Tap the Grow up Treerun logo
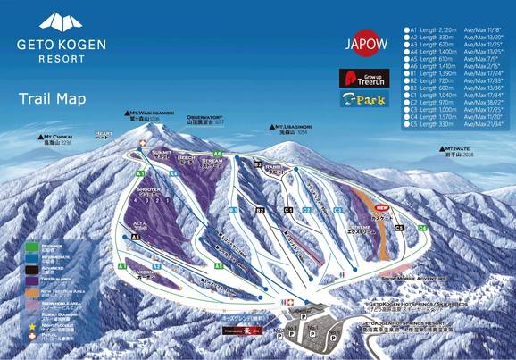[362, 77]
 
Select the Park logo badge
[362, 101]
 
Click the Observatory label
[204, 120]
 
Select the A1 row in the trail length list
[446, 29]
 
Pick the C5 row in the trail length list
[446, 124]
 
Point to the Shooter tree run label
[148, 189]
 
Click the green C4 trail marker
[422, 229]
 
